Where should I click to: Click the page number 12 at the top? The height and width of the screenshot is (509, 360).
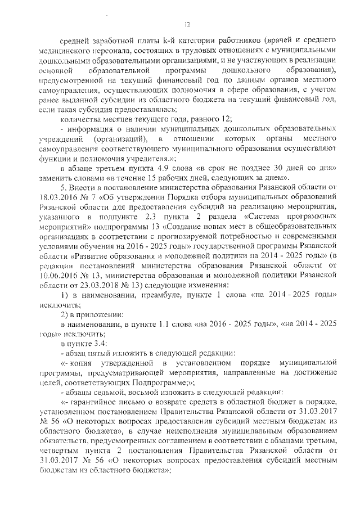point(188,23)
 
